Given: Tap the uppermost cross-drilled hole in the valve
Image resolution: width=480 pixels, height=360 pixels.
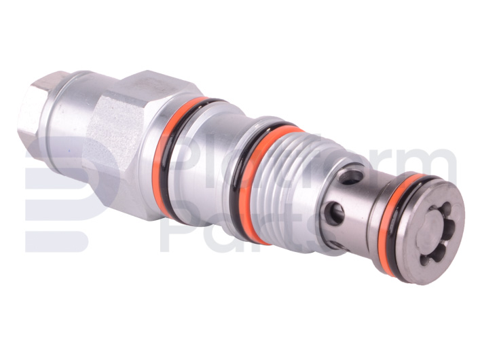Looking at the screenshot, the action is [x=352, y=177].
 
